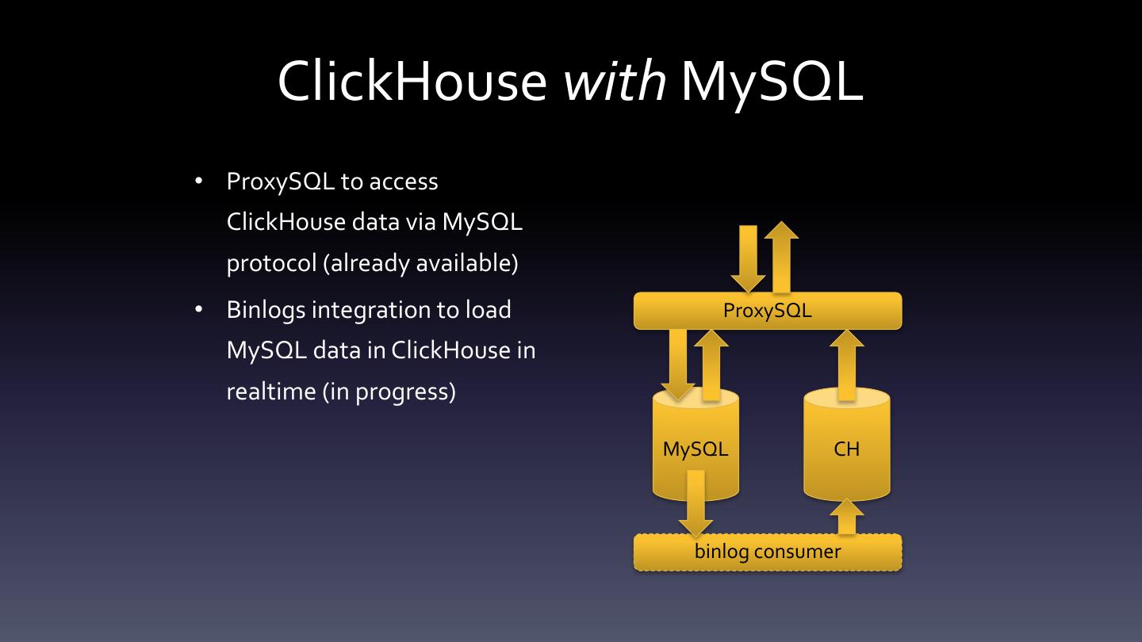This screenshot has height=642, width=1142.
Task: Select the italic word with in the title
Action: [615, 81]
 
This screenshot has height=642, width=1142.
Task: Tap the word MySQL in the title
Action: [771, 81]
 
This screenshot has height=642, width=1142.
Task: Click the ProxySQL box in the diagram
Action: [768, 311]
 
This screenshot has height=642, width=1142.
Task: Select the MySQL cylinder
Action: [696, 449]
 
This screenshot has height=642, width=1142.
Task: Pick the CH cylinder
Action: [847, 449]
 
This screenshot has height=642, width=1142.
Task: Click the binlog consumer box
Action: [768, 552]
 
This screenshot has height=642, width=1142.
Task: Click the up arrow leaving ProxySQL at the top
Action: [782, 258]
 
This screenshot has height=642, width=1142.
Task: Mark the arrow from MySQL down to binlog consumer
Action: [696, 503]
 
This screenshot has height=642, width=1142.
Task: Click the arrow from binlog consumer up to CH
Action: [847, 517]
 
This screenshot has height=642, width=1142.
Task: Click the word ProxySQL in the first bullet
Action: [281, 182]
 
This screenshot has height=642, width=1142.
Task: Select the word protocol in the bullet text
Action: [271, 263]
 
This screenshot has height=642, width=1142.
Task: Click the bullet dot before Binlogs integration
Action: [199, 309]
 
